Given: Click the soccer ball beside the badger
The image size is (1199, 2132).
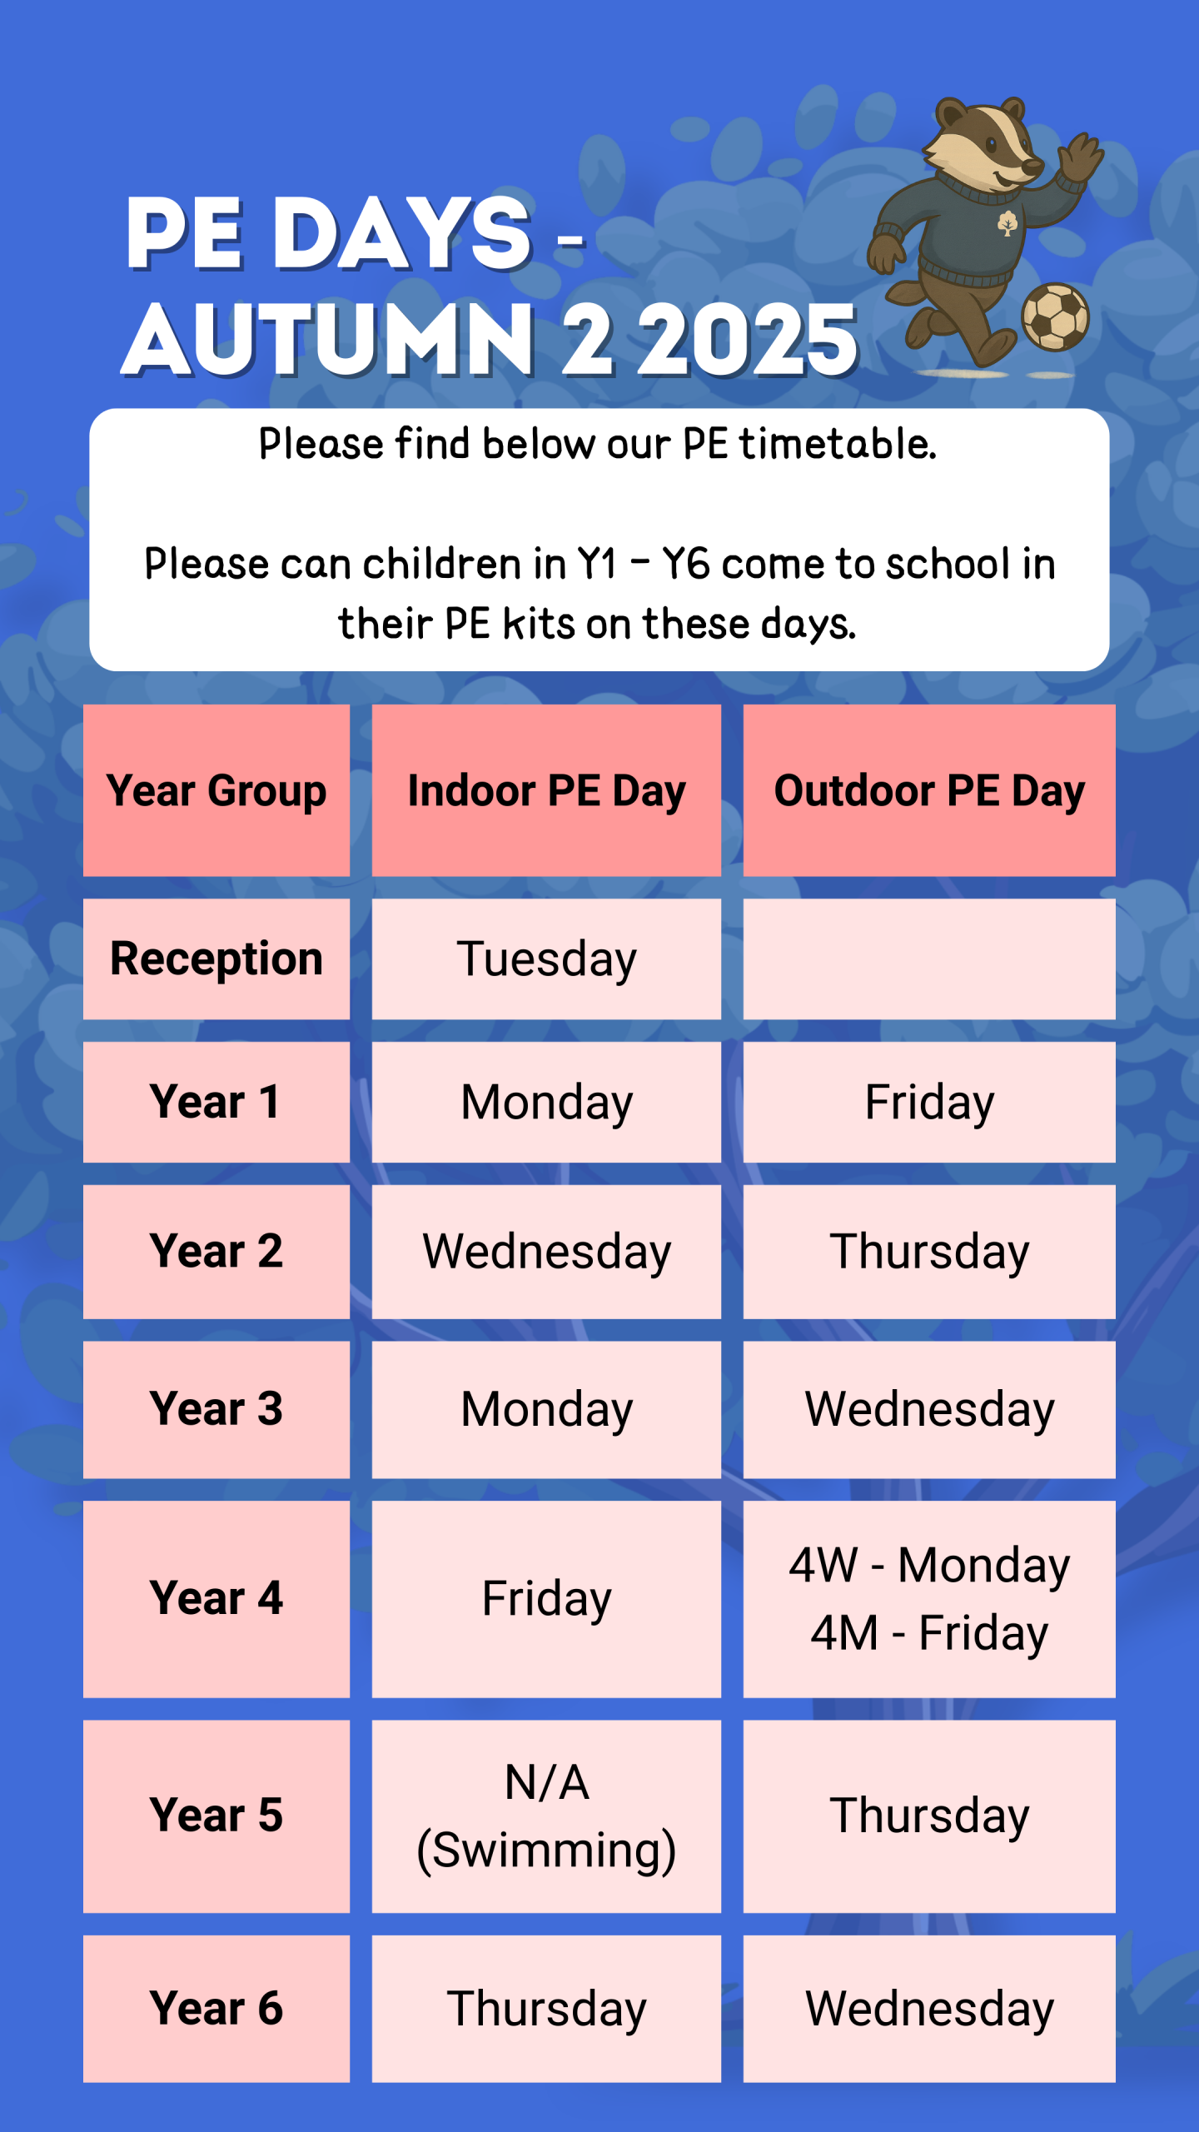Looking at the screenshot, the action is click(1055, 316).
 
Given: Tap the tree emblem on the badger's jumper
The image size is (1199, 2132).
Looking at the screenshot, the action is click(1007, 222).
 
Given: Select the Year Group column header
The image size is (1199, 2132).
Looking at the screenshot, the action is click(216, 790).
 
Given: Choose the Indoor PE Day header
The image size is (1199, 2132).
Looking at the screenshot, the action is click(546, 790).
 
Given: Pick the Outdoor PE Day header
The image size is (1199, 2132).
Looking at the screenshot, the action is click(929, 790).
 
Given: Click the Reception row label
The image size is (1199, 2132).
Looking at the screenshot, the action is click(216, 959).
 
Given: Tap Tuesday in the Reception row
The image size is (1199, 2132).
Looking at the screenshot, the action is click(546, 959).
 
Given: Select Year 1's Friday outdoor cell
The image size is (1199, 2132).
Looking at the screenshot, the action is click(929, 1102).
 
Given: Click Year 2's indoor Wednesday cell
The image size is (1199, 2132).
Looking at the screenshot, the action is click(546, 1252).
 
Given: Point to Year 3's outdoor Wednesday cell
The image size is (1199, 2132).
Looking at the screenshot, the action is click(929, 1409).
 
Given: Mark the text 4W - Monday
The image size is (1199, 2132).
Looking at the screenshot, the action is click(929, 1565).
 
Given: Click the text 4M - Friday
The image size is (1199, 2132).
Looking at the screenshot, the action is click(929, 1632).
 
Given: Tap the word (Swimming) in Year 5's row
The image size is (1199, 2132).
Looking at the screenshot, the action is click(546, 1851).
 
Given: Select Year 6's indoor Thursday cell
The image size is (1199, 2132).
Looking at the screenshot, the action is click(546, 2008).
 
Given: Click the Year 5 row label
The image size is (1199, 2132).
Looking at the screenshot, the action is click(216, 1816).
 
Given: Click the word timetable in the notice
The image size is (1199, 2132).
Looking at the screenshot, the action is click(838, 443).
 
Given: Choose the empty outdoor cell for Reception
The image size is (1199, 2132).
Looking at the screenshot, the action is click(929, 959).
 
